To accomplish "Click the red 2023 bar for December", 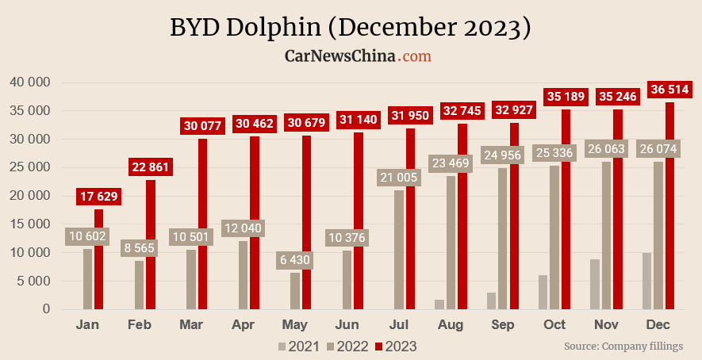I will (x=670, y=206).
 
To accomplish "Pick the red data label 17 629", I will (x=99, y=197).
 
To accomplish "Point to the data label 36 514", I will (x=669, y=89).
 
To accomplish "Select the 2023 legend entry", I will (x=396, y=346).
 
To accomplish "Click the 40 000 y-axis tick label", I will (x=30, y=82).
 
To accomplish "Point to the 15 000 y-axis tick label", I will (x=30, y=224).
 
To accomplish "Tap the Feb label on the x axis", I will (x=140, y=325).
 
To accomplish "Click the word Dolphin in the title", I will (x=274, y=28).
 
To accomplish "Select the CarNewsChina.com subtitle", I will (x=358, y=56).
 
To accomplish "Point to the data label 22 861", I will (x=151, y=167).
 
